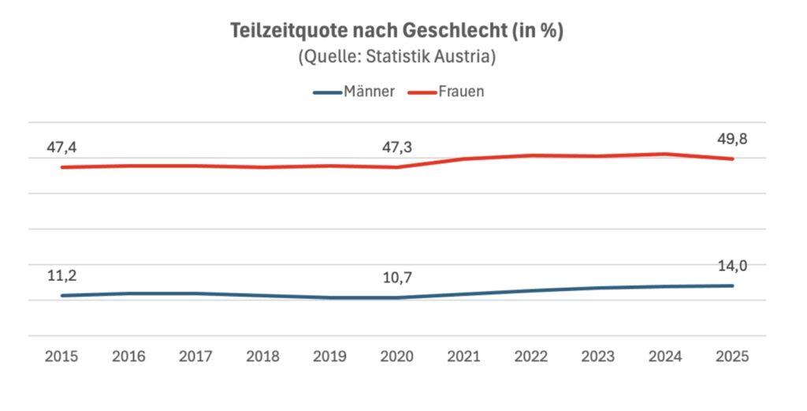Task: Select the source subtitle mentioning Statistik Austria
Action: click(397, 58)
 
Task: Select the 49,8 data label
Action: click(732, 139)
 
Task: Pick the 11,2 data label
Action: click(61, 275)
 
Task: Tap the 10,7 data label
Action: click(396, 278)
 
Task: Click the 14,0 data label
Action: click(732, 266)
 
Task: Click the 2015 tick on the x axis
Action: click(61, 357)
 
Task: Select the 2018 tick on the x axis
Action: click(262, 357)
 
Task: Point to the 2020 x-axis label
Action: click(396, 357)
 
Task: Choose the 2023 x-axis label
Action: click(598, 357)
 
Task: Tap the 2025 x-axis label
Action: click(732, 357)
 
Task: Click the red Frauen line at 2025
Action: click(733, 159)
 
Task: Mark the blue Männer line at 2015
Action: click(61, 296)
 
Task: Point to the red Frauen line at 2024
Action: click(666, 154)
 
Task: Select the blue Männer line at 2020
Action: click(397, 297)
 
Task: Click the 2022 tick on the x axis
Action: click(531, 357)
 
